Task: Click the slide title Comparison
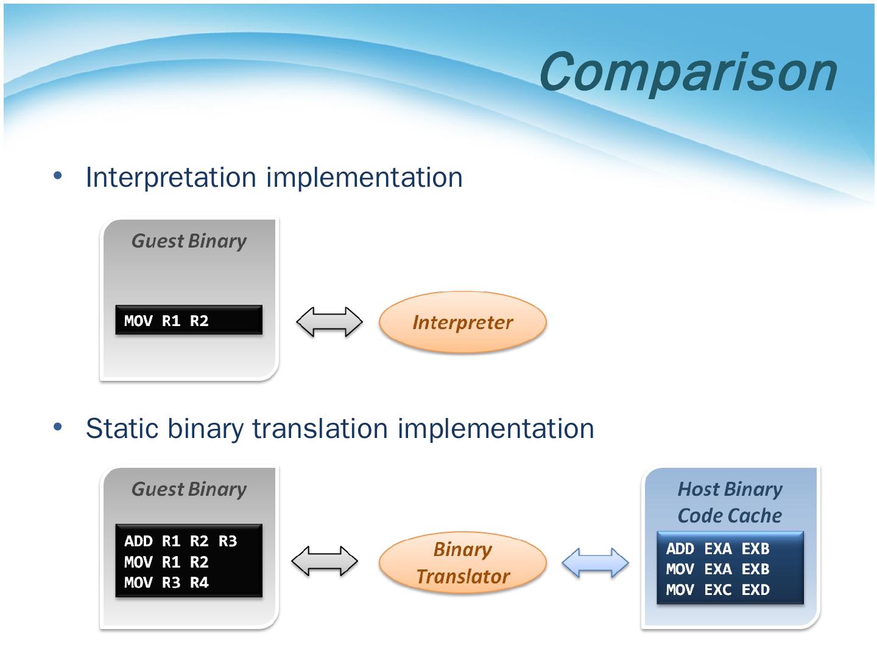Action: click(688, 72)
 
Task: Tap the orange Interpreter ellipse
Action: click(463, 322)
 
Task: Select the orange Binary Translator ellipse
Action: click(463, 563)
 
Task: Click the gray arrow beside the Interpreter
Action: click(329, 322)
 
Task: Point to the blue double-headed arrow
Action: click(595, 563)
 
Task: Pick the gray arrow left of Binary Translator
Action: click(325, 561)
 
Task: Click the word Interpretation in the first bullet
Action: click(171, 178)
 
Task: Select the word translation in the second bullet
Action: click(320, 428)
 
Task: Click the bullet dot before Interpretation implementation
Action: click(58, 175)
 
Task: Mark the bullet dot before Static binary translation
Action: click(58, 426)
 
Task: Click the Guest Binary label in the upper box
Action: click(189, 242)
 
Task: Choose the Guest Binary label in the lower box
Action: click(189, 490)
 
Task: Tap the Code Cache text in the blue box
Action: click(730, 515)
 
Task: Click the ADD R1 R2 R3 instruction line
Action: click(181, 541)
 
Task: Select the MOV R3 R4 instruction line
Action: click(166, 583)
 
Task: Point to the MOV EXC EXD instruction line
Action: click(717, 589)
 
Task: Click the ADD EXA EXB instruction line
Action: click(717, 549)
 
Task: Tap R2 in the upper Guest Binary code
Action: click(199, 321)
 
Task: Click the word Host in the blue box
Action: click(699, 489)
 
